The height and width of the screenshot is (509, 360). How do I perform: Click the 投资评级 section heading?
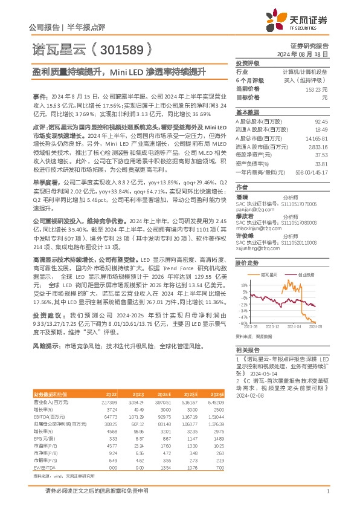(x=247, y=63)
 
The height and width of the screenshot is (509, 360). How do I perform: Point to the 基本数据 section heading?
(x=247, y=112)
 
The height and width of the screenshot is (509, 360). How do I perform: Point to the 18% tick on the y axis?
(x=243, y=284)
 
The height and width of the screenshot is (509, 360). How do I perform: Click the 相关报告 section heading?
(x=247, y=351)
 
